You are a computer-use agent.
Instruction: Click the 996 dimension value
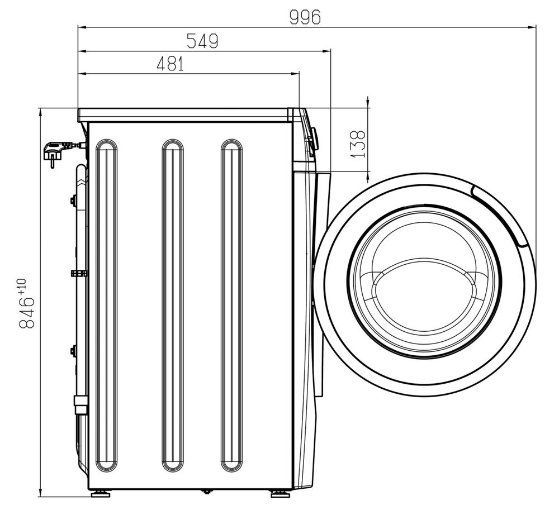(305, 17)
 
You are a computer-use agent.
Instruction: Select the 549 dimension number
(202, 41)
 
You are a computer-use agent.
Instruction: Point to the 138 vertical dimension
(358, 144)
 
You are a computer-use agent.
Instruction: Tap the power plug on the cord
(55, 152)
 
